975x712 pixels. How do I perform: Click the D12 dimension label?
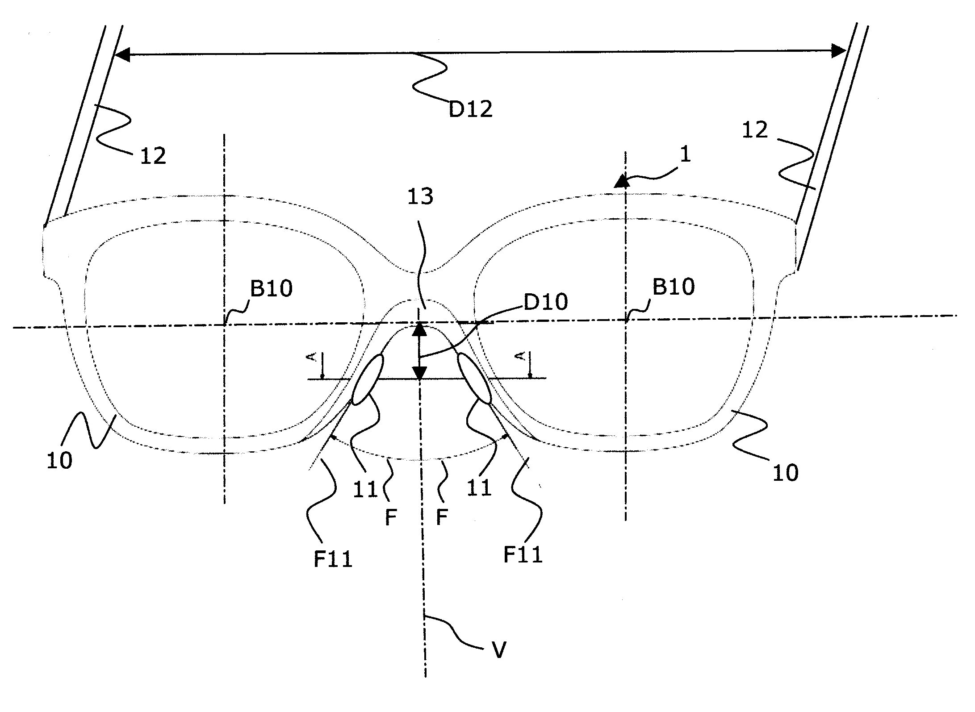coord(470,109)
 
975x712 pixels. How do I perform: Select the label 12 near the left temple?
coord(153,156)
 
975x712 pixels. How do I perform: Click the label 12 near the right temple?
coord(754,130)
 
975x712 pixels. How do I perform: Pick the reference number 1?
coord(685,154)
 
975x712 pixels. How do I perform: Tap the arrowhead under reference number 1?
coord(619,181)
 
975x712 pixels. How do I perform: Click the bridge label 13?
coord(420,196)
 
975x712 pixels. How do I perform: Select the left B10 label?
coord(271,288)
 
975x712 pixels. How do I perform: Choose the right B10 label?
coord(674,287)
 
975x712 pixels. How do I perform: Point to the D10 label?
coord(546,302)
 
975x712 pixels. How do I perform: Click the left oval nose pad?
coord(368,379)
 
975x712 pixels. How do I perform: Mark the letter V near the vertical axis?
coord(498,650)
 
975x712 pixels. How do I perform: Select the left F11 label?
coord(333,559)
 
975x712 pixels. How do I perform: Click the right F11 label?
coord(522,555)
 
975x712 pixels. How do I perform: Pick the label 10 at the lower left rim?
coord(59,460)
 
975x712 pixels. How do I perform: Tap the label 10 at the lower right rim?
coord(785,473)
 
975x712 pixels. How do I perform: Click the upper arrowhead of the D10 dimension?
coord(419,329)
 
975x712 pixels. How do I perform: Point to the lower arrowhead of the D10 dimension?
coord(419,373)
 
